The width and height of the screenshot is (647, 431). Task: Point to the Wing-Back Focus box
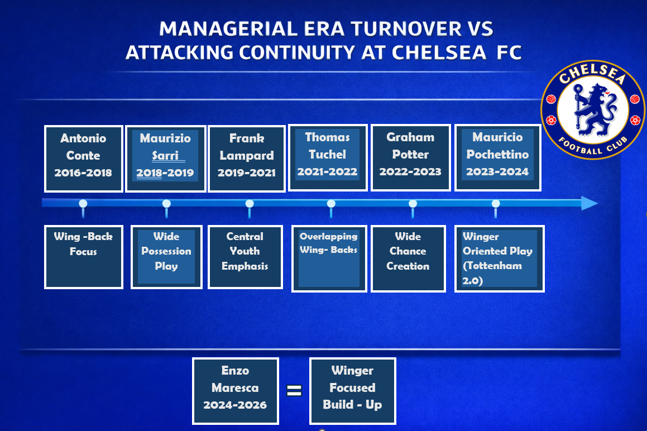(x=83, y=256)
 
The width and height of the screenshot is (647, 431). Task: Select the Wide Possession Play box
(x=166, y=256)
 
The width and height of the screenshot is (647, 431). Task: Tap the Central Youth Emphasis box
(x=245, y=256)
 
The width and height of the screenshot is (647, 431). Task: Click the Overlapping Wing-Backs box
(x=329, y=258)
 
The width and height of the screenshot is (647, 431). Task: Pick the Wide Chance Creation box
(x=408, y=258)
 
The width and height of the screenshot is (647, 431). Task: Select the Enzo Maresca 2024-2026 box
(x=235, y=391)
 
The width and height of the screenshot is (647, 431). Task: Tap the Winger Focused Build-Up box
(x=352, y=391)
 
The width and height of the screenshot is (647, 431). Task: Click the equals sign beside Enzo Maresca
(x=294, y=390)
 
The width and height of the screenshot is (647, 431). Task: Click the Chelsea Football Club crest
(x=592, y=109)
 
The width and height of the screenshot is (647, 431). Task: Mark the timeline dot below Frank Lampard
(x=249, y=204)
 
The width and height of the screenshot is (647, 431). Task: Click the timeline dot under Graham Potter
(x=413, y=204)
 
